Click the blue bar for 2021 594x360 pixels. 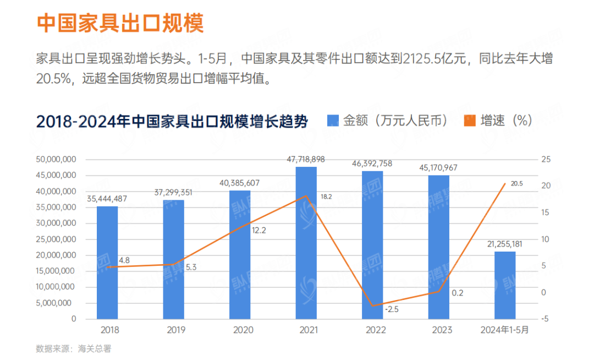click(x=306, y=242)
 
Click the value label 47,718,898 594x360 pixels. click(x=306, y=160)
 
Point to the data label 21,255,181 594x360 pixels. click(x=504, y=244)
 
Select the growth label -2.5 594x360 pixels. click(x=392, y=309)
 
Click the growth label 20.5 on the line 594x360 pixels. click(x=516, y=184)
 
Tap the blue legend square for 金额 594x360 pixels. click(x=332, y=121)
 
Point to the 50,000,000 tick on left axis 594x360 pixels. click(x=56, y=160)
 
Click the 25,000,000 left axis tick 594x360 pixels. click(x=56, y=239)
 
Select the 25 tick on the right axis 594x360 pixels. click(x=546, y=160)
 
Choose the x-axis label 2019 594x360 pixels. click(x=174, y=330)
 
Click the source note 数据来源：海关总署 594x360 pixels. click(x=73, y=348)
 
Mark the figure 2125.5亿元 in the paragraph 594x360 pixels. click(x=435, y=58)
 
